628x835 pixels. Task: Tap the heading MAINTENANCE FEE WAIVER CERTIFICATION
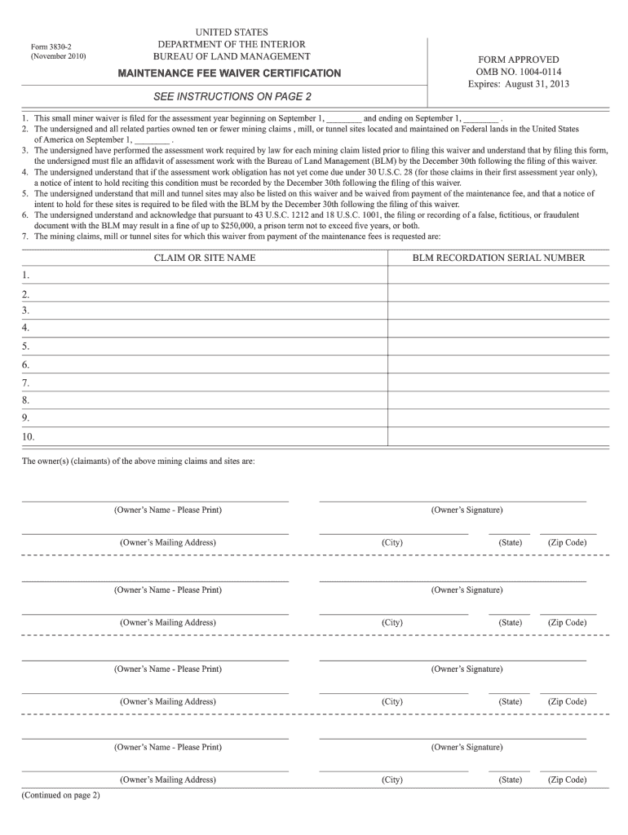click(230, 73)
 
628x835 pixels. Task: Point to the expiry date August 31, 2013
click(539, 84)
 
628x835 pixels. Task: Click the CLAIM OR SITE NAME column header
click(205, 258)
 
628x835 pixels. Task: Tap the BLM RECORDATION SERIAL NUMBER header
click(499, 258)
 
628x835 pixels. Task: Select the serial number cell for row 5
click(499, 347)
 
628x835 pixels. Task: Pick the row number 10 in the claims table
click(29, 436)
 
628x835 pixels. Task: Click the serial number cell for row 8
click(499, 400)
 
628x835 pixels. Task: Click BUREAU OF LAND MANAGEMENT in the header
click(232, 56)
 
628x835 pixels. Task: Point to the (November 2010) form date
click(58, 57)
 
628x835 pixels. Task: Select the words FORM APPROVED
click(518, 60)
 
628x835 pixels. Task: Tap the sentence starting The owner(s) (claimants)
click(138, 462)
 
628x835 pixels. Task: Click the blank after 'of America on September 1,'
click(153, 139)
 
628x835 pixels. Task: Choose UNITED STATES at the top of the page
click(232, 32)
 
